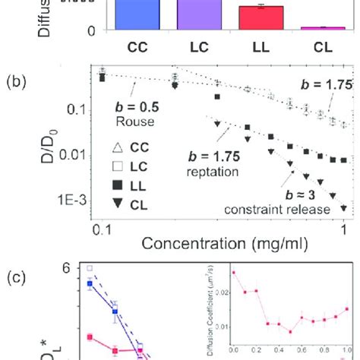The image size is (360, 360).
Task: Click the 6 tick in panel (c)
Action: click(x=68, y=268)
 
